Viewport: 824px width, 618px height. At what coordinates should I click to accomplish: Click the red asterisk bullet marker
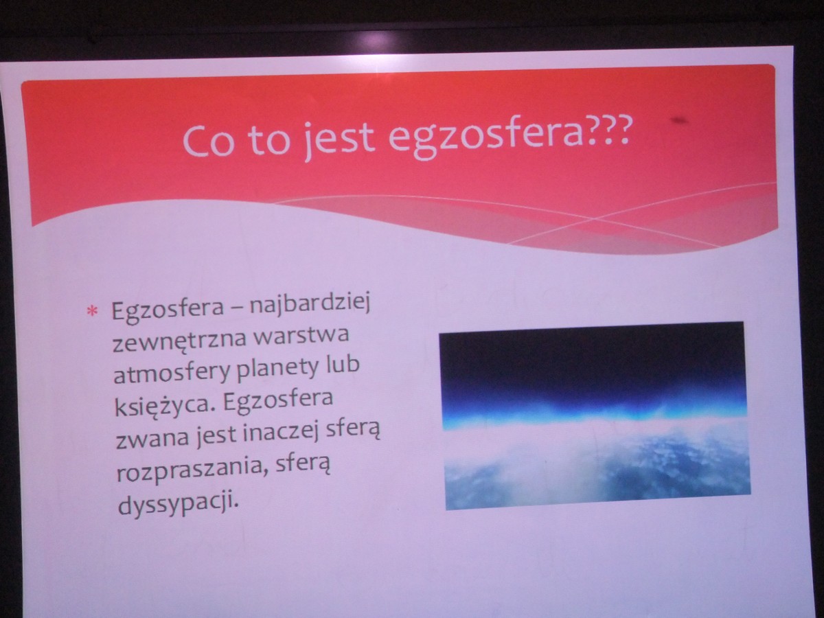pos(92,310)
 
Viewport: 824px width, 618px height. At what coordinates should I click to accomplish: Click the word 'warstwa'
pos(301,335)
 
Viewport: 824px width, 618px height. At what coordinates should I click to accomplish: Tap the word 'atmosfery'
pos(172,371)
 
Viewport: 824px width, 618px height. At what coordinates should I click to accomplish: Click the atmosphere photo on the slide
pos(595,415)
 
